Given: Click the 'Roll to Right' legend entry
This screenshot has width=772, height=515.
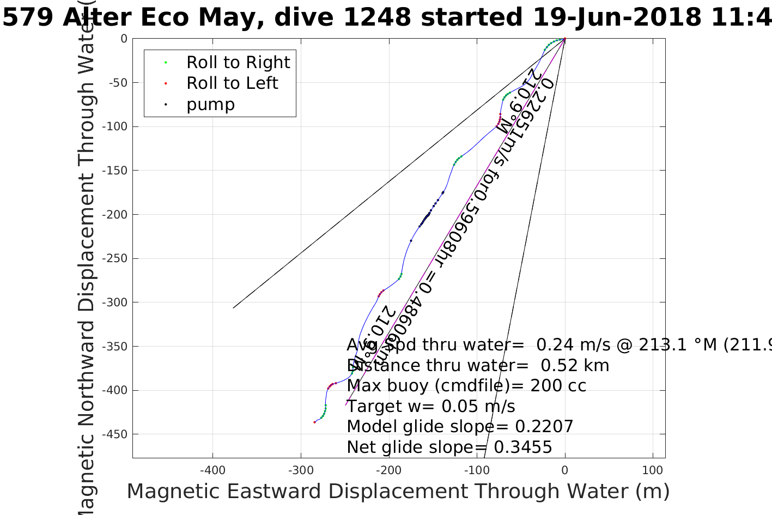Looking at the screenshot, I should pos(238,63).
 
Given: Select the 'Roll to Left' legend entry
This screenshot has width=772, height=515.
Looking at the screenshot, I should pos(232,83).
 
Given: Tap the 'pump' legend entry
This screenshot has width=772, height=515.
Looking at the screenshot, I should pos(210,105).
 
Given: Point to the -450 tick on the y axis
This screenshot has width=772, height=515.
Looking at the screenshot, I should pos(117,434).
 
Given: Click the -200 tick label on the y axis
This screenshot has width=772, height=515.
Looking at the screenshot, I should pos(117,215).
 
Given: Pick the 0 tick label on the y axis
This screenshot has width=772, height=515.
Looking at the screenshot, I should pos(124,39).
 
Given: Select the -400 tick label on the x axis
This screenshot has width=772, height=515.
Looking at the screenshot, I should pos(212,470).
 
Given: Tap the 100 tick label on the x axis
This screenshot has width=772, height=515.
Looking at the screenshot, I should pos(653,470).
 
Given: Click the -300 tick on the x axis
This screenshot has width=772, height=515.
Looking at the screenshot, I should pos(301,470).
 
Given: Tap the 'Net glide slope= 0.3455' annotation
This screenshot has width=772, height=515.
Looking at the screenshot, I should pos(449,447).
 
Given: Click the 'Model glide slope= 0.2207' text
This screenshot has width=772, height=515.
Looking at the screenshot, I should pos(460,427).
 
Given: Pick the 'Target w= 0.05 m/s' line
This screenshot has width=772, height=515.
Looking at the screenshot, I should pos(431,407).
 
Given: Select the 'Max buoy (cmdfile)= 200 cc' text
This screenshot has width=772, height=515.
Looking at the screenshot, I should pos(466,386).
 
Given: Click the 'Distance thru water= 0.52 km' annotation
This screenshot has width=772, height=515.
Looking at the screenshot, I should pos(478,366).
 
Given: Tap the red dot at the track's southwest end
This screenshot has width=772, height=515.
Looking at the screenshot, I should pos(314,422).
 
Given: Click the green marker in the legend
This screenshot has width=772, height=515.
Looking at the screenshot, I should pos(166,63).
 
